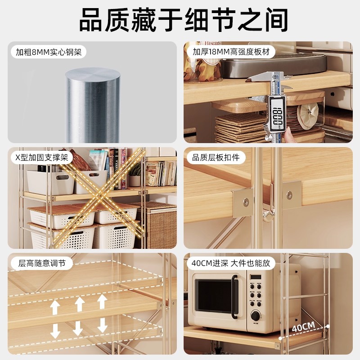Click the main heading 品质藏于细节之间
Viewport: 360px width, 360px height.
click(180, 21)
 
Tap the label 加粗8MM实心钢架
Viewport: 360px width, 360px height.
click(48, 52)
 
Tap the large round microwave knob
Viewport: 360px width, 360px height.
click(255, 315)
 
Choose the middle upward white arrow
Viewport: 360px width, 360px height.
click(79, 304)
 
